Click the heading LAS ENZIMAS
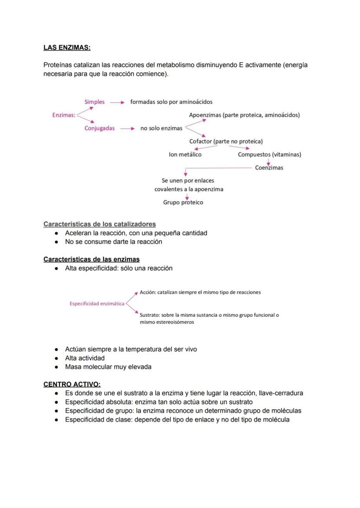67,47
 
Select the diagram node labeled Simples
94,102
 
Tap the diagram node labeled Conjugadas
100,129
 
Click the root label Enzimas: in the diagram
64,115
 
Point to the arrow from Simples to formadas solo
117,103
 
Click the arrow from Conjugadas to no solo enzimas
127,129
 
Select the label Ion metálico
185,154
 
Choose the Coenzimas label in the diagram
269,168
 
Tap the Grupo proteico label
183,203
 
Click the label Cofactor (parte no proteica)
226,141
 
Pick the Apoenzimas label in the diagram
244,115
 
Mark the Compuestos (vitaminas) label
269,154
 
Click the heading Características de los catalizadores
100,224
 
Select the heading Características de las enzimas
91,259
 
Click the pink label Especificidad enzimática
97,304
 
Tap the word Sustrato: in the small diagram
150,315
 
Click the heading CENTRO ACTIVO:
72,384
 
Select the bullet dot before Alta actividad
57,359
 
